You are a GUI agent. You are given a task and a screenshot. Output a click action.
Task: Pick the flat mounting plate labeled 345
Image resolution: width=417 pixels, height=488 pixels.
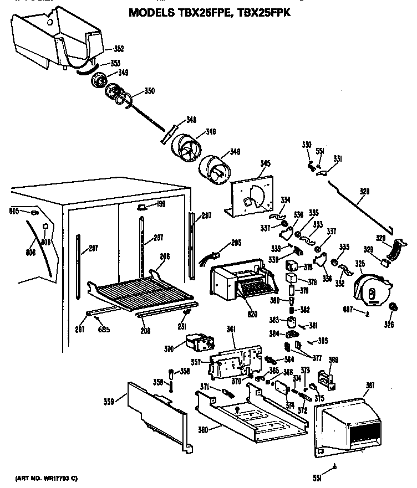point(252,193)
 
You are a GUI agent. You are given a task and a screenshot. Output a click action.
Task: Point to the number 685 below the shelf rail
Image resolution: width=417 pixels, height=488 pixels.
point(104,330)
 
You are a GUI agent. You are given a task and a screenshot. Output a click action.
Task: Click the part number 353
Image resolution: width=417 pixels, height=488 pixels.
point(115,63)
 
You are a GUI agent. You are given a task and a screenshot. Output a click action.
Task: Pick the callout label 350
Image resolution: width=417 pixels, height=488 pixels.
point(150,91)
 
